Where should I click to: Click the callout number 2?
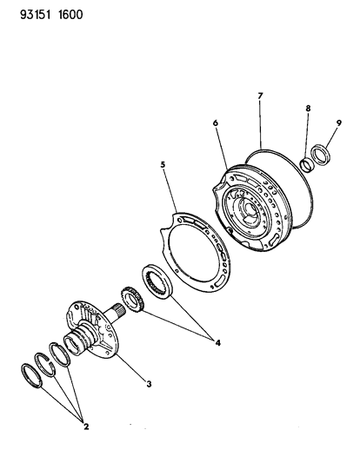pyautogui.click(x=86, y=427)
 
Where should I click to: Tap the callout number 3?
pyautogui.click(x=149, y=384)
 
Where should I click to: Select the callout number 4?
pyautogui.click(x=218, y=343)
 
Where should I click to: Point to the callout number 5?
pyautogui.click(x=163, y=164)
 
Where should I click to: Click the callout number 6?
pyautogui.click(x=216, y=122)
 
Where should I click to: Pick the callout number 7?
pyautogui.click(x=260, y=96)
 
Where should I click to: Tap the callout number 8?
pyautogui.click(x=308, y=108)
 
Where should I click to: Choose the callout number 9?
pyautogui.click(x=338, y=122)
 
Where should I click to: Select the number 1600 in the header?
pyautogui.click(x=70, y=15)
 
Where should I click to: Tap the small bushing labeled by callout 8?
pyautogui.click(x=307, y=165)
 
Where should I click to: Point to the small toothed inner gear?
pyautogui.click(x=132, y=299)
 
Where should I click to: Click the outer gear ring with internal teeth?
pyautogui.click(x=157, y=282)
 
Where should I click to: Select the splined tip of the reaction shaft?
pyautogui.click(x=119, y=310)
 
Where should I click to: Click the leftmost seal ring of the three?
pyautogui.click(x=32, y=376)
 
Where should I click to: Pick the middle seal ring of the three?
pyautogui.click(x=45, y=364)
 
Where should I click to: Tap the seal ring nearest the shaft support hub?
pyautogui.click(x=60, y=354)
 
